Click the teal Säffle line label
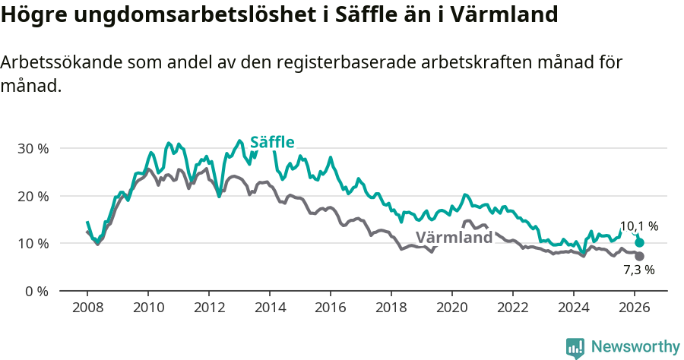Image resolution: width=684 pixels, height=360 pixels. point(272,142)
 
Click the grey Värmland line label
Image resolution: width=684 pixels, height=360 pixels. point(454,237)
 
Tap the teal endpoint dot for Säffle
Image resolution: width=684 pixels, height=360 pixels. point(640,243)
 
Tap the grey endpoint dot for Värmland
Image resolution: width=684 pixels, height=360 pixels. point(640,257)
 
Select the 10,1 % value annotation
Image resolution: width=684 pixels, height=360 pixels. point(638,226)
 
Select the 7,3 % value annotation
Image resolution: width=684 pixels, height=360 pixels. point(638,270)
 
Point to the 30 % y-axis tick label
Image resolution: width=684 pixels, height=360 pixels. point(33,148)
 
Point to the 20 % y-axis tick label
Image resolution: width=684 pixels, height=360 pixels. point(33,196)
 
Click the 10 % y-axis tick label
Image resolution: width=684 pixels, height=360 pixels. point(33,244)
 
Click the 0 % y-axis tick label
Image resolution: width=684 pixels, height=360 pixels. point(36,291)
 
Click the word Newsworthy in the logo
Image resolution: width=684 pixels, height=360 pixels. point(635,347)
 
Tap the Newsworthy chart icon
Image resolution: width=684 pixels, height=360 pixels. point(575,347)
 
